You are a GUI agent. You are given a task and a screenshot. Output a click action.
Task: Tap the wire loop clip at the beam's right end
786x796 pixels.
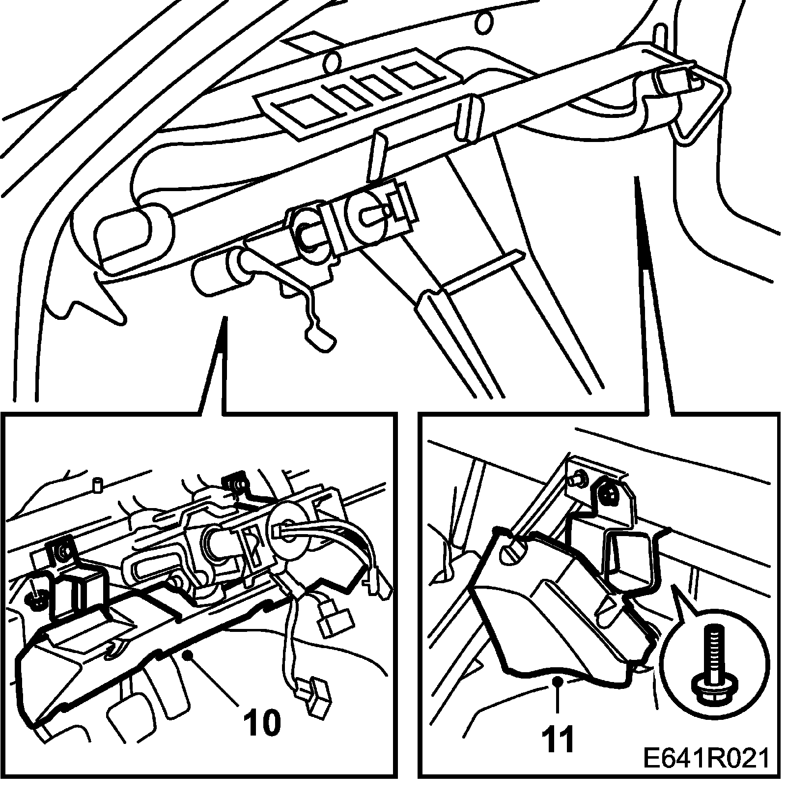(x=700, y=106)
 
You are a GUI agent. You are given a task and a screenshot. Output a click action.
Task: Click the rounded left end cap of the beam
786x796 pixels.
(x=130, y=236)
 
